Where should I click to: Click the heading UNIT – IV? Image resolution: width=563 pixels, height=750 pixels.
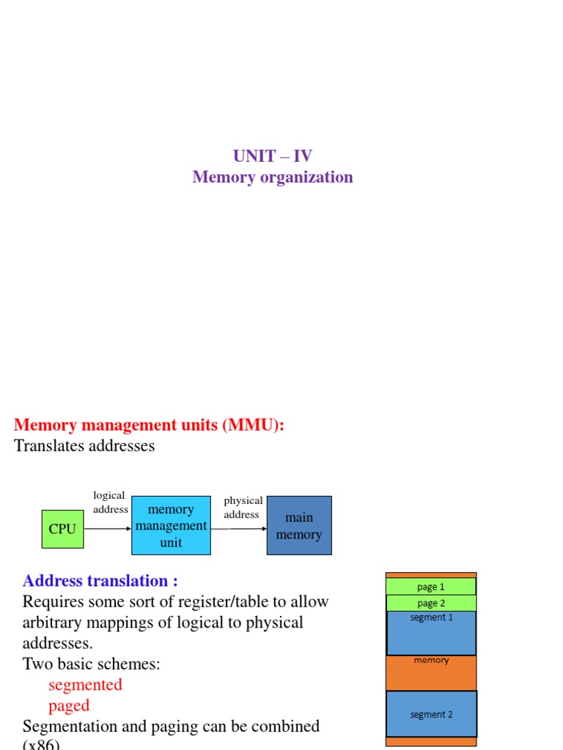pos(272,156)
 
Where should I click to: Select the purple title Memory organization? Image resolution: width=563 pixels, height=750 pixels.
pos(272,177)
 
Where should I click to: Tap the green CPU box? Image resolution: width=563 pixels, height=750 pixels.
pos(62,529)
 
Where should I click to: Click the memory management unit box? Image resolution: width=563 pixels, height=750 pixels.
pos(171,526)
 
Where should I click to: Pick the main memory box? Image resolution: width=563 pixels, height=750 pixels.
pos(299,526)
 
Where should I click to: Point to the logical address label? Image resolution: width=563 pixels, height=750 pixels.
pos(110,502)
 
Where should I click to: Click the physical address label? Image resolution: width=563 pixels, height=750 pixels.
pos(243,508)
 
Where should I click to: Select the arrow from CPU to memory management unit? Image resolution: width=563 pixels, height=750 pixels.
pos(108,529)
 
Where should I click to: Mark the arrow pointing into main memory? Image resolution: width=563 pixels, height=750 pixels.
pos(239,529)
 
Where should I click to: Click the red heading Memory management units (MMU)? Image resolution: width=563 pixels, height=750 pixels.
pos(149,426)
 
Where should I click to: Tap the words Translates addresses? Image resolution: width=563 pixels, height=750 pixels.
pos(84,446)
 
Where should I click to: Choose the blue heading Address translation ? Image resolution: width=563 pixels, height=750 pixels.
pos(100,581)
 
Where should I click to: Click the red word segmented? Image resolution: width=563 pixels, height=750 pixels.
pos(85,685)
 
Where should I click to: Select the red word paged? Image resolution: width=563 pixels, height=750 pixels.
pos(69,705)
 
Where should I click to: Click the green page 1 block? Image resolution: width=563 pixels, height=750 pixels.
pos(431,587)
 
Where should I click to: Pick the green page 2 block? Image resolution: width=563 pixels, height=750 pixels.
pos(431,604)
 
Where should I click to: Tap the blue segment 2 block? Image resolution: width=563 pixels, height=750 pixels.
pos(431,714)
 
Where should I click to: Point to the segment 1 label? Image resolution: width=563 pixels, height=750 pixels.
pos(431,617)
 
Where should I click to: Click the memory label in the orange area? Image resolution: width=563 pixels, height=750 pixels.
pos(431,660)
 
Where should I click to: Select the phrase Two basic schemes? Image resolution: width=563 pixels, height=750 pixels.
pos(92,664)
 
